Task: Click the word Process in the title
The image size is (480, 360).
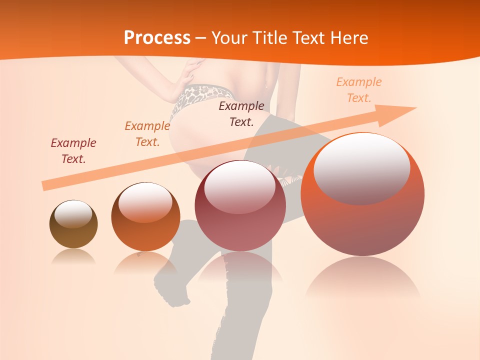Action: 157,38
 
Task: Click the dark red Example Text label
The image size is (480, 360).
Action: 73,150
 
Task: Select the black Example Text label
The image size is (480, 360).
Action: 241,113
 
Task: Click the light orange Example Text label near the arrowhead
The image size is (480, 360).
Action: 358,89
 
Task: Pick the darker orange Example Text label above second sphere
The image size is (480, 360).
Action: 147,133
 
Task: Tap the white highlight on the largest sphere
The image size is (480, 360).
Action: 361,167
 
